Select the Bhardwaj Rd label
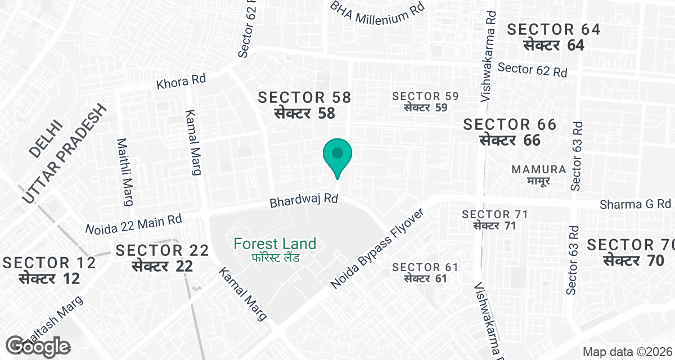coord(303,200)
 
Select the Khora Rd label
coord(182,82)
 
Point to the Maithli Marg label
coord(124,172)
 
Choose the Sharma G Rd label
coord(636,203)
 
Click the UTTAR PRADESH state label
coord(65,154)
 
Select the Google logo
coord(38,346)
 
